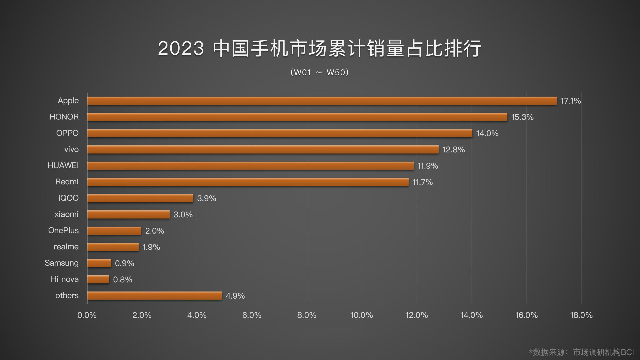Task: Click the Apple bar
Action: tap(322, 101)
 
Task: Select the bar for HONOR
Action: tap(297, 117)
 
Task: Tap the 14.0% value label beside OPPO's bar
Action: tap(487, 133)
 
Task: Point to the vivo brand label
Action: tap(71, 149)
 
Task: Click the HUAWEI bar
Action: tap(250, 166)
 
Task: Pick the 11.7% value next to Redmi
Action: tap(422, 182)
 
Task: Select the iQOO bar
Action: tap(140, 198)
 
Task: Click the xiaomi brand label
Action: tap(66, 214)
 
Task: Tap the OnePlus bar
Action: tap(114, 231)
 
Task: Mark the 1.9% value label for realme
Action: tap(151, 247)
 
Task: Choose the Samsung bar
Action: tap(99, 263)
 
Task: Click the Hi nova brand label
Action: tap(65, 279)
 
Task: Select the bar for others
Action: tap(154, 296)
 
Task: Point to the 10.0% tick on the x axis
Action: tap(361, 315)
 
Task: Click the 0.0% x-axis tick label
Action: tap(87, 315)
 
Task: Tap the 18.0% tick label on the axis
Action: tap(581, 315)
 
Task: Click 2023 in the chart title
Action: tap(181, 48)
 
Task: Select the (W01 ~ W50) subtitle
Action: tap(319, 72)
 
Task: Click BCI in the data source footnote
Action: tap(627, 352)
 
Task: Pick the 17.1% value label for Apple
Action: tap(570, 101)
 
